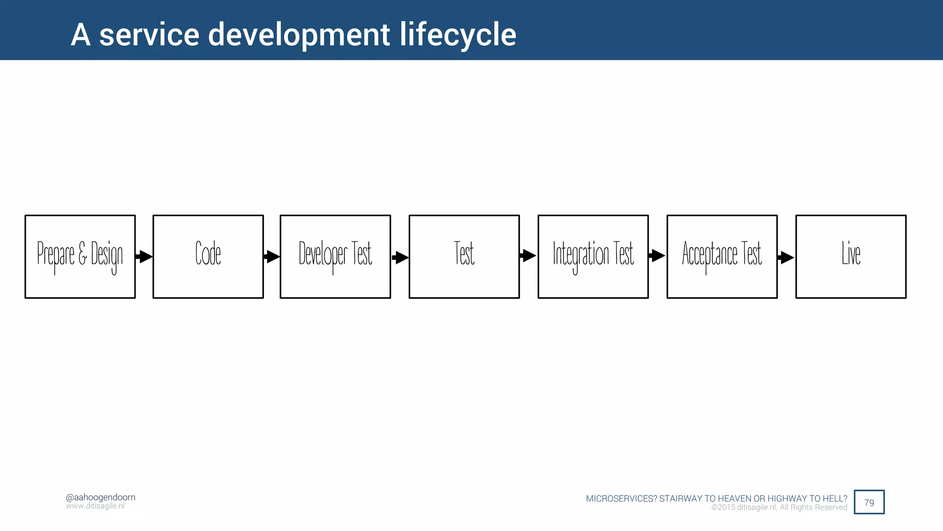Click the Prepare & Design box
80,256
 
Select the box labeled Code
208,256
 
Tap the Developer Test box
335,256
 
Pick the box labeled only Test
464,256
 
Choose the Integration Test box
593,256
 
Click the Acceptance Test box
722,256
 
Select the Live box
851,256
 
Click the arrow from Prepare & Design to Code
144,256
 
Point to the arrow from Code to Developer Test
272,256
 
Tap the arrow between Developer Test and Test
400,257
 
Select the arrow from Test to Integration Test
528,255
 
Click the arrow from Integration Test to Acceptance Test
657,255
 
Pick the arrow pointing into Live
786,257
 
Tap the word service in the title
149,35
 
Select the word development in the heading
299,35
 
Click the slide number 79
869,502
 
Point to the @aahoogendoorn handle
100,497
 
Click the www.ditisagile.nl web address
95,506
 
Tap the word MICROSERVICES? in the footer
621,498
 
